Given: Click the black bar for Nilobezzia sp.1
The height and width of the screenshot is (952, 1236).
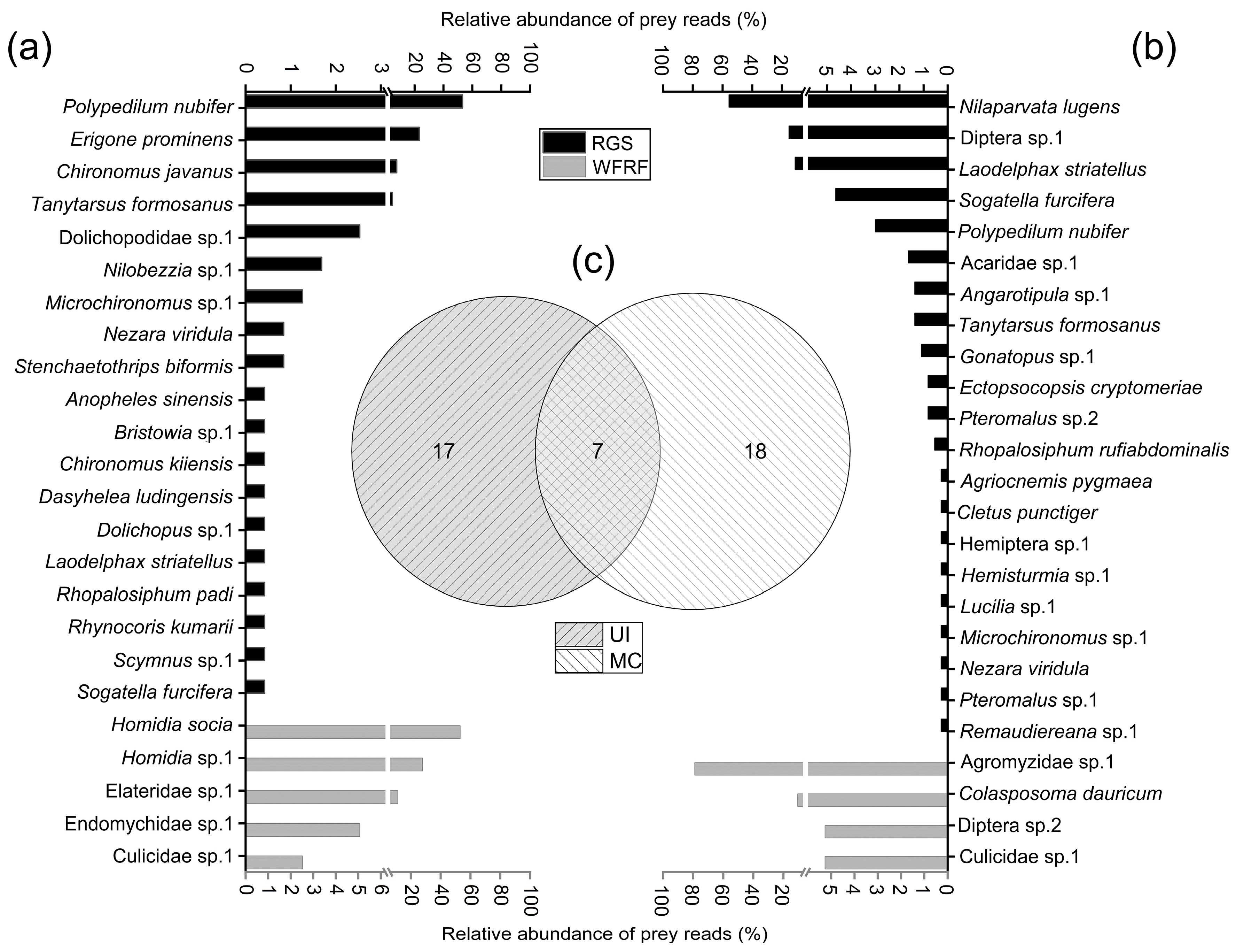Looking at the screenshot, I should pyautogui.click(x=283, y=264).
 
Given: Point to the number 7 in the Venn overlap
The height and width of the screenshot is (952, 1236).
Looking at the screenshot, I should pyautogui.click(x=597, y=451).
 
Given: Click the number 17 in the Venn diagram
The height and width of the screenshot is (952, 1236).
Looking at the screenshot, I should pyautogui.click(x=444, y=451).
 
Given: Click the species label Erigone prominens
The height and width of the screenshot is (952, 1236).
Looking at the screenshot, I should pyautogui.click(x=152, y=139).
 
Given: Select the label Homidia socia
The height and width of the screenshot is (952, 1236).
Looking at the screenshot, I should pyautogui.click(x=172, y=724).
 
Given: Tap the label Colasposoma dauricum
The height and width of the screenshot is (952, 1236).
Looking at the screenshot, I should pyautogui.click(x=1061, y=793).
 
